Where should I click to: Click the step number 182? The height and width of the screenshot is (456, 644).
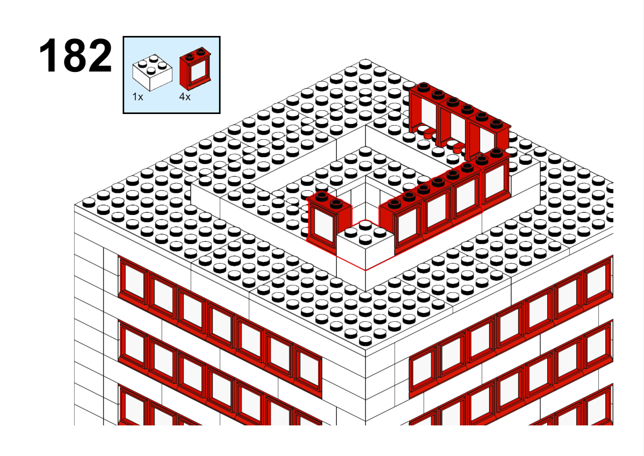75,55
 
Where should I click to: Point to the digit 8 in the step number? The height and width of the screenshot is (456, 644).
75,55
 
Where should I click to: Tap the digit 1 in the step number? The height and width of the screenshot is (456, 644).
49,55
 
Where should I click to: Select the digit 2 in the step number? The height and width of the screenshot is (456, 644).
100,55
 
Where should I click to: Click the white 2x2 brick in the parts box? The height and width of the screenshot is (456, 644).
152,72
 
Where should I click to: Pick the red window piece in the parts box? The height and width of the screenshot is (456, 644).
195,69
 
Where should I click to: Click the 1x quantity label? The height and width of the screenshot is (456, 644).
138,97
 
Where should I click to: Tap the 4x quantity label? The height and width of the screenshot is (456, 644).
185,97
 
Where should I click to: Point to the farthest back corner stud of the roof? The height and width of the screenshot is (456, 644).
366,64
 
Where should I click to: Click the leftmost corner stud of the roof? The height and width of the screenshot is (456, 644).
89,202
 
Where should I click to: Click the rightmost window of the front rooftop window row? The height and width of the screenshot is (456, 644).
495,179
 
